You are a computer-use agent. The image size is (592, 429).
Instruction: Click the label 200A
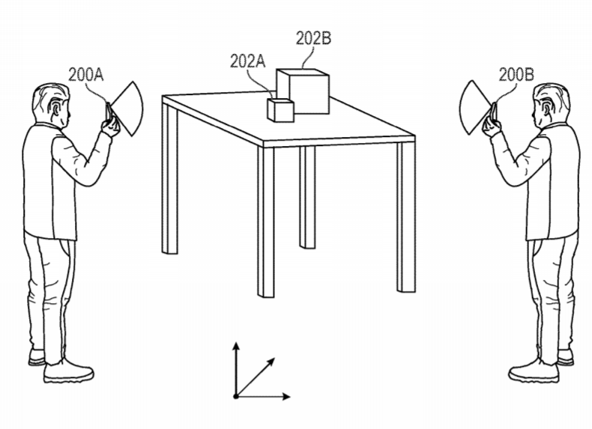[x=85, y=75]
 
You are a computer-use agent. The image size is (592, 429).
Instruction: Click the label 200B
[x=516, y=75]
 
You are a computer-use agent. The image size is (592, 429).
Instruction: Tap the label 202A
[x=248, y=61]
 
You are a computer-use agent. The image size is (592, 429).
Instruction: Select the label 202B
[x=313, y=38]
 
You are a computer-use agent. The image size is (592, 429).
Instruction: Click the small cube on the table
[x=280, y=110]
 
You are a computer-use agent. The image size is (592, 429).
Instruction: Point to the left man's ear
[x=58, y=109]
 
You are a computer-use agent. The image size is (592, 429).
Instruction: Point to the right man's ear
[x=546, y=109]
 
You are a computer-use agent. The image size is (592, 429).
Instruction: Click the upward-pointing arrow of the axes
[x=236, y=369]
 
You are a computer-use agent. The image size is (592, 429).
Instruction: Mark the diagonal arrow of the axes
[x=255, y=377]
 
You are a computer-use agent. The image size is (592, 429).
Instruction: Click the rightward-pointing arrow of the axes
[x=263, y=397]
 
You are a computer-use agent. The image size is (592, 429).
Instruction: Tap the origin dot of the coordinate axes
[x=236, y=397]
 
